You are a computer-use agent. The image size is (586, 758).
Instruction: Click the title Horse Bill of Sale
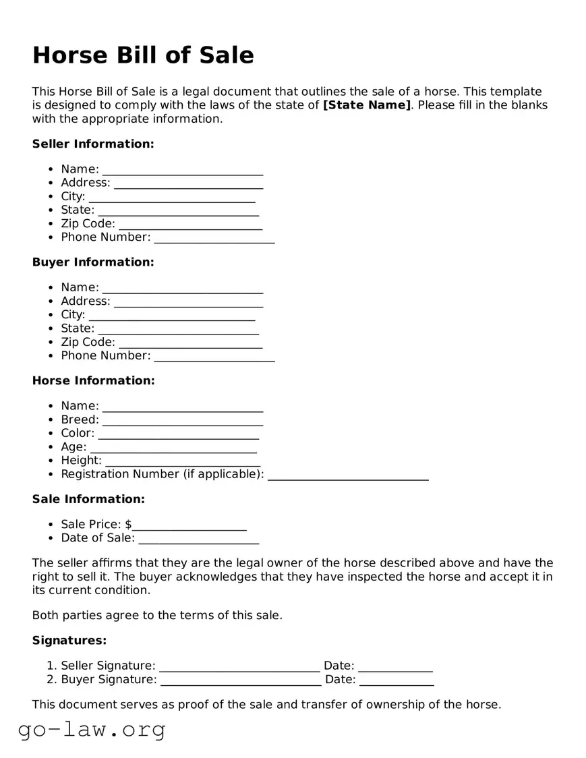(x=143, y=55)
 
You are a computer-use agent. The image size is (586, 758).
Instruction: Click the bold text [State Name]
(x=367, y=105)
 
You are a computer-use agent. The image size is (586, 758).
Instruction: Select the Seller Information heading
(x=93, y=144)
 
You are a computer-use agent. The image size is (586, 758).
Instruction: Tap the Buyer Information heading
(x=93, y=262)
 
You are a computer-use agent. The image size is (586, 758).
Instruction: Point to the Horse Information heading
(x=93, y=380)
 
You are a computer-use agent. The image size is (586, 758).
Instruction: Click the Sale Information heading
(x=88, y=499)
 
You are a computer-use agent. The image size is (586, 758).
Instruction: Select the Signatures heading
(x=69, y=640)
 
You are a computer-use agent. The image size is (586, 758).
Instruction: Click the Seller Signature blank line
(x=239, y=668)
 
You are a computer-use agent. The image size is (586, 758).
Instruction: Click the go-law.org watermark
(x=92, y=729)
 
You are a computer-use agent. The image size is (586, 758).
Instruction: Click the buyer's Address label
(x=86, y=301)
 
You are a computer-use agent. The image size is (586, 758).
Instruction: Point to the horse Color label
(x=78, y=433)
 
